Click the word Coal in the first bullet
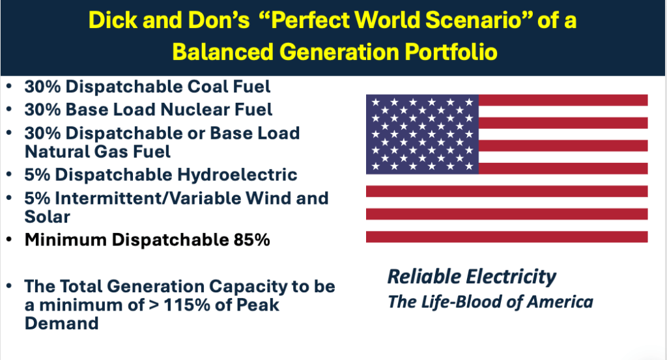click(x=208, y=87)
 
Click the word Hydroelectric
click(x=237, y=174)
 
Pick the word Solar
click(x=47, y=217)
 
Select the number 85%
click(x=252, y=240)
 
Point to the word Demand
click(x=62, y=324)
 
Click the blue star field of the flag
click(x=422, y=134)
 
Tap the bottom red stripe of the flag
click(x=507, y=237)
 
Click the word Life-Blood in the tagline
click(x=462, y=302)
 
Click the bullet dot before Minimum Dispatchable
click(x=9, y=240)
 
